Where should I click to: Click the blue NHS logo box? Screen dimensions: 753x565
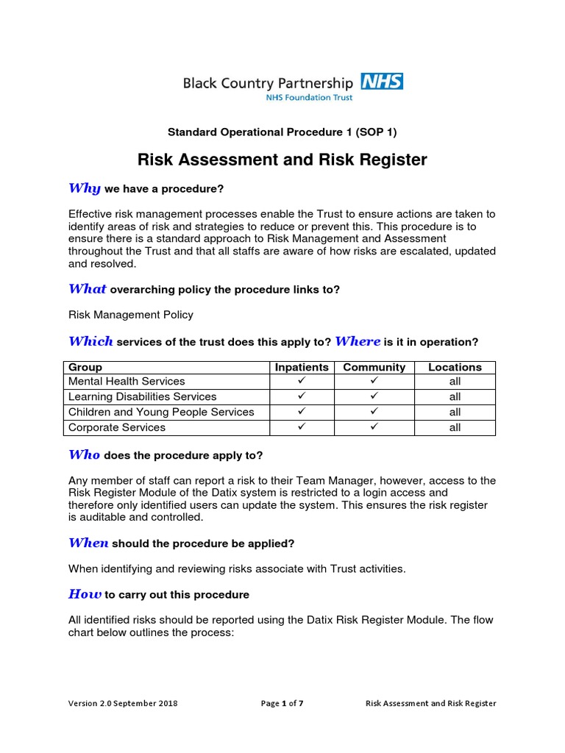pyautogui.click(x=382, y=80)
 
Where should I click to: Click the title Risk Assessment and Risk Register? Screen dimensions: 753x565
pyautogui.click(x=282, y=160)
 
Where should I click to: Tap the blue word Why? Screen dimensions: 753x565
pyautogui.click(x=84, y=188)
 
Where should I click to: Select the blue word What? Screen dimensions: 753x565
pyautogui.click(x=88, y=289)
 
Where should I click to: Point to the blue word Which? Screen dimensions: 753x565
pyautogui.click(x=90, y=341)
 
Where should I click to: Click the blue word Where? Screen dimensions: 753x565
pyautogui.click(x=358, y=341)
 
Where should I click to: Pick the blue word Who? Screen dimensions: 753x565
pyautogui.click(x=84, y=454)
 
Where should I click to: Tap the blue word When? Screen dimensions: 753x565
pyautogui.click(x=88, y=543)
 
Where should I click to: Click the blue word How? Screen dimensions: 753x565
pyautogui.click(x=85, y=593)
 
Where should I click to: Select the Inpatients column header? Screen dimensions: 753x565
pyautogui.click(x=302, y=367)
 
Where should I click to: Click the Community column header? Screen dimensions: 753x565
pyautogui.click(x=374, y=367)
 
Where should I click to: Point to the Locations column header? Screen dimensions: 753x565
pyautogui.click(x=455, y=367)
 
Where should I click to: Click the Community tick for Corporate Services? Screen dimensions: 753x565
pyautogui.click(x=374, y=427)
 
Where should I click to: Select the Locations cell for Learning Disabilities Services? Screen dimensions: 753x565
pyautogui.click(x=455, y=397)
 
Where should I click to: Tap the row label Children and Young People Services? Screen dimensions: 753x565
pyautogui.click(x=161, y=412)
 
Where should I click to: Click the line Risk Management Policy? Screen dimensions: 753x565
pyautogui.click(x=131, y=315)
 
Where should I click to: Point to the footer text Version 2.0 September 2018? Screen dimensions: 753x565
pyautogui.click(x=123, y=703)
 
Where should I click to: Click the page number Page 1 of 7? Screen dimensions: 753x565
pyautogui.click(x=282, y=703)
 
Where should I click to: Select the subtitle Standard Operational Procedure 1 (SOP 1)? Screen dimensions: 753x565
pyautogui.click(x=282, y=132)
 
